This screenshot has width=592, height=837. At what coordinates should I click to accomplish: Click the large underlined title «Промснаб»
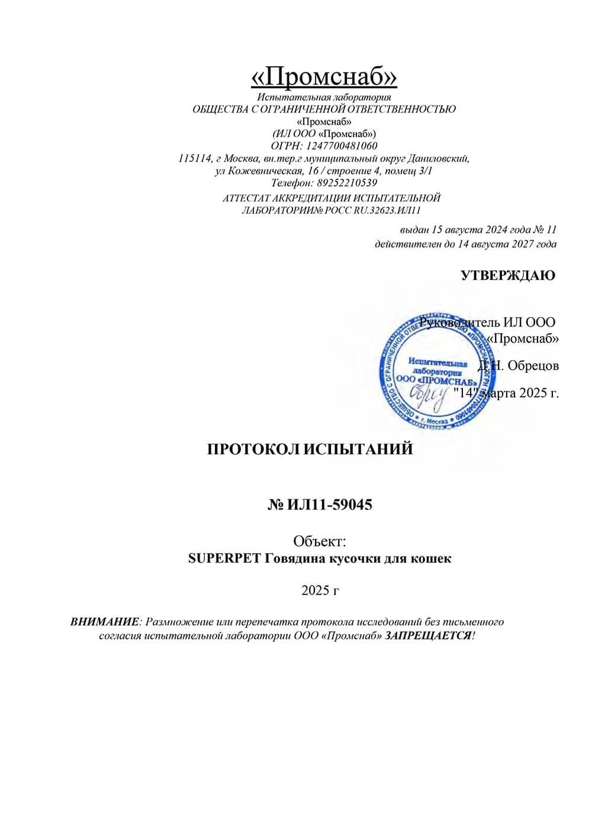[x=324, y=76]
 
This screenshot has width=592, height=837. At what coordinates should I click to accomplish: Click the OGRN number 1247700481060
[x=342, y=146]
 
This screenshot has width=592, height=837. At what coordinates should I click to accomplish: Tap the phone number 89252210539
[x=349, y=183]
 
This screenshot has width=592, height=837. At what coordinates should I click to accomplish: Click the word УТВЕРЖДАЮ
[x=508, y=275]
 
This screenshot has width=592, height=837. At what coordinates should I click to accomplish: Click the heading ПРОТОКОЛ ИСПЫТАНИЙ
[x=310, y=449]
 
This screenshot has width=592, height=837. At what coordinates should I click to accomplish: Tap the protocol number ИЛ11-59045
[x=330, y=505]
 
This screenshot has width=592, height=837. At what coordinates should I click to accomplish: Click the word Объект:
[x=320, y=541]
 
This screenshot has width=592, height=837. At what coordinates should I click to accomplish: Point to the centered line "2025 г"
[x=320, y=590]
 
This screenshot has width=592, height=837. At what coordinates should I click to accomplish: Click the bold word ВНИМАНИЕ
[x=104, y=622]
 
